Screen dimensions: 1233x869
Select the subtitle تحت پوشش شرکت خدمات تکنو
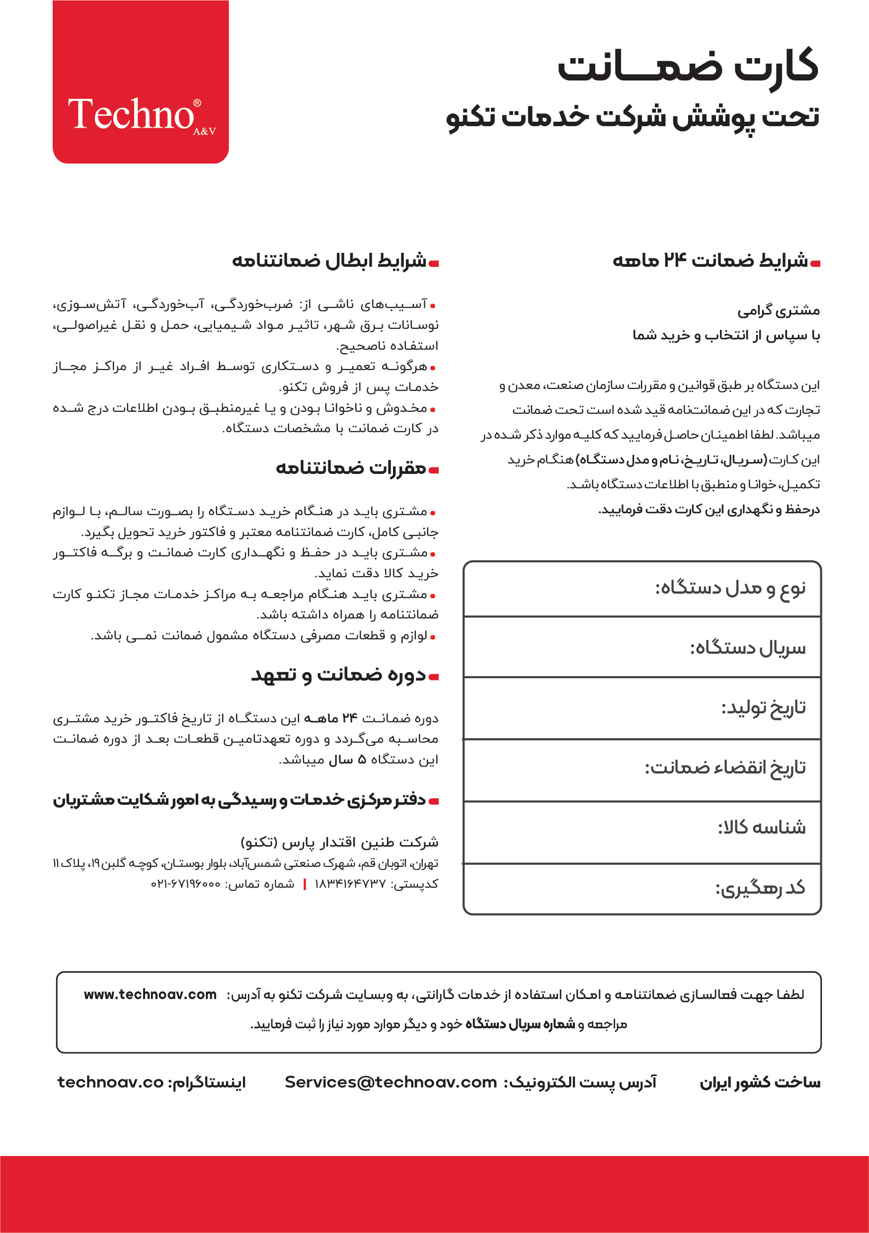632,118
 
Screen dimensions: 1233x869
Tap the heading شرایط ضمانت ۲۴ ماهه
710,261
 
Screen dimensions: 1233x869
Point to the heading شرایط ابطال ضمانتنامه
329,261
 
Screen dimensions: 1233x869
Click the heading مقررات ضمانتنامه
351,468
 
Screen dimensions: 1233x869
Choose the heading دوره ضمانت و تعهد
338,675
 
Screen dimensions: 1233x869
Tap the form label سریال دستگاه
748,648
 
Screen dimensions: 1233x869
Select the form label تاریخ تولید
763,708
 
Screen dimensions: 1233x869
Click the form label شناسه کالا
762,828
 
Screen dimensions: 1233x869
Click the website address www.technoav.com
150,995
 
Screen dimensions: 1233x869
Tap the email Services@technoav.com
391,1082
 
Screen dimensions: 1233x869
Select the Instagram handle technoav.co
110,1082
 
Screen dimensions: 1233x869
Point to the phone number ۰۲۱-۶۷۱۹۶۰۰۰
185,884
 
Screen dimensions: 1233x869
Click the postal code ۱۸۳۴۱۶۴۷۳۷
350,884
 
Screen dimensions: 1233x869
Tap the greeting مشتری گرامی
778,311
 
